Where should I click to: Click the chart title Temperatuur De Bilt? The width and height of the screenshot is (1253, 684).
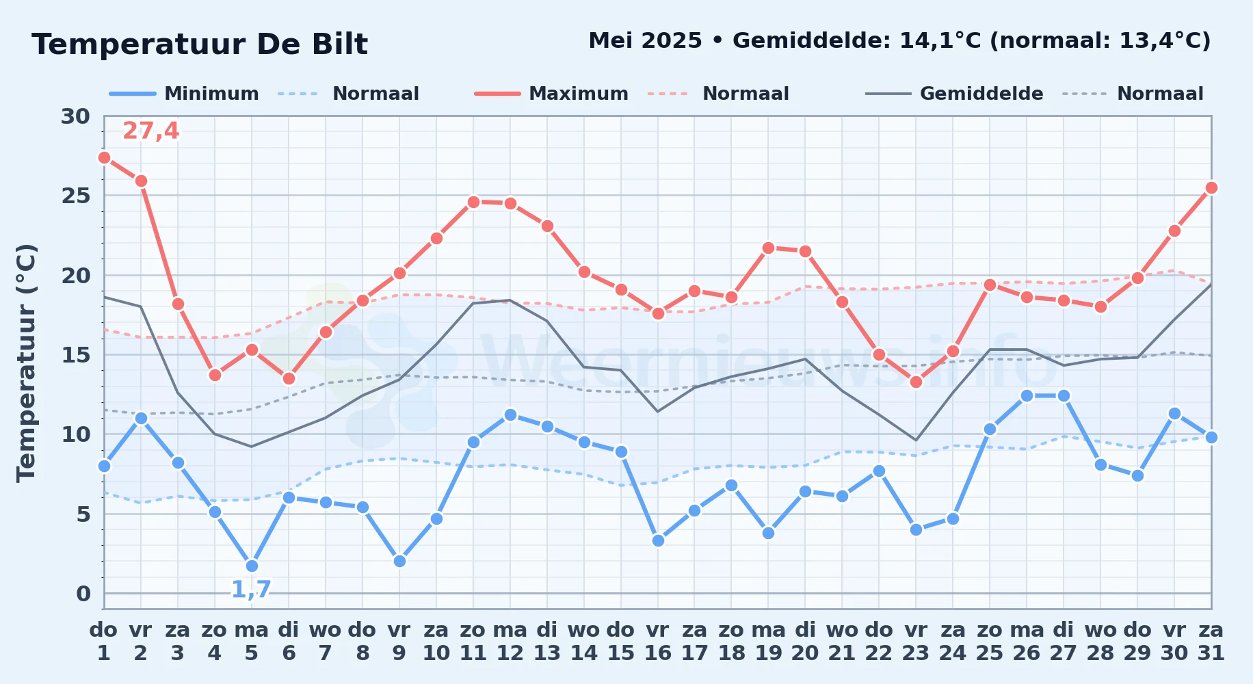click(x=200, y=44)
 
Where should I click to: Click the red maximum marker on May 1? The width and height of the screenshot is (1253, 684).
click(x=104, y=157)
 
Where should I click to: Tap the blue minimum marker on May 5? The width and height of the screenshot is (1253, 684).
click(x=252, y=566)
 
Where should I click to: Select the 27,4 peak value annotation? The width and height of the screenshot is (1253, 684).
click(x=150, y=131)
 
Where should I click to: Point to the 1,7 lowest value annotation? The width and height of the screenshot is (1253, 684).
click(x=251, y=589)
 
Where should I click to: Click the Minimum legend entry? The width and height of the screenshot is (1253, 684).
click(x=184, y=94)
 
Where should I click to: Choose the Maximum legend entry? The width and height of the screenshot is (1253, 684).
click(x=551, y=94)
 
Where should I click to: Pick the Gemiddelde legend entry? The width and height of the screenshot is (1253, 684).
click(x=954, y=94)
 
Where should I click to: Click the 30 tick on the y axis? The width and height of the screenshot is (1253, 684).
click(x=75, y=116)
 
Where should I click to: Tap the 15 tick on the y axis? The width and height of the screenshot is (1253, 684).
click(x=75, y=355)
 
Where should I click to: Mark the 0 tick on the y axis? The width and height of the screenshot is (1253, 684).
click(x=83, y=594)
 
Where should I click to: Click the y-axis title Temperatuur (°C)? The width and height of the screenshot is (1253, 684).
click(x=26, y=363)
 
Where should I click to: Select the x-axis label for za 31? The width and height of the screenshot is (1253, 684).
click(x=1211, y=641)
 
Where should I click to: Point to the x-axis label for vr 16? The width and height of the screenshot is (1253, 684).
click(x=658, y=641)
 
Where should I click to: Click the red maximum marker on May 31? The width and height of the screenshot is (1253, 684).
click(x=1211, y=187)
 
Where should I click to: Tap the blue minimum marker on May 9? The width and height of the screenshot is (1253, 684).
click(x=399, y=561)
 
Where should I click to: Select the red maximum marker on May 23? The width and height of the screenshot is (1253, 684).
click(x=916, y=382)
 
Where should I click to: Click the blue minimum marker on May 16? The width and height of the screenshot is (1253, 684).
click(x=658, y=540)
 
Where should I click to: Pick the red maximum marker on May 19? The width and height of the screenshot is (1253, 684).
click(x=768, y=248)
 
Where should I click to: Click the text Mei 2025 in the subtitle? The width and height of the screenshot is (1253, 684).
click(x=645, y=41)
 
